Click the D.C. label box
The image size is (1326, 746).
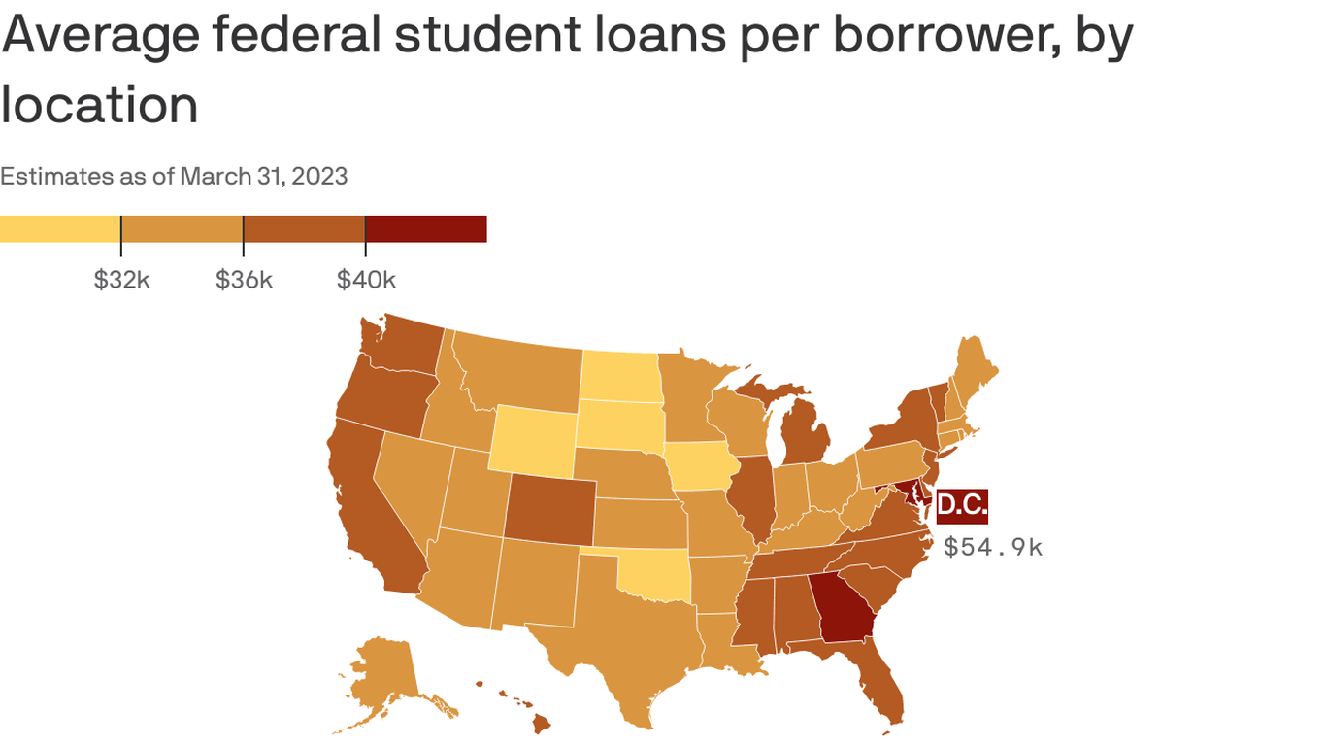point(962,505)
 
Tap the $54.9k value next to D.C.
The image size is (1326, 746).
point(993,547)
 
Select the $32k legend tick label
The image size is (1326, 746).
point(121,280)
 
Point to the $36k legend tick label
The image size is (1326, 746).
point(244,280)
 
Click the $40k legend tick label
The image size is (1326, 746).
point(366,280)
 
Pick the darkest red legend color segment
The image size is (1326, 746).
point(425,229)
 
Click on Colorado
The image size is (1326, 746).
point(549,511)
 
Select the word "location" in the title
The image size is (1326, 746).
point(99,104)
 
